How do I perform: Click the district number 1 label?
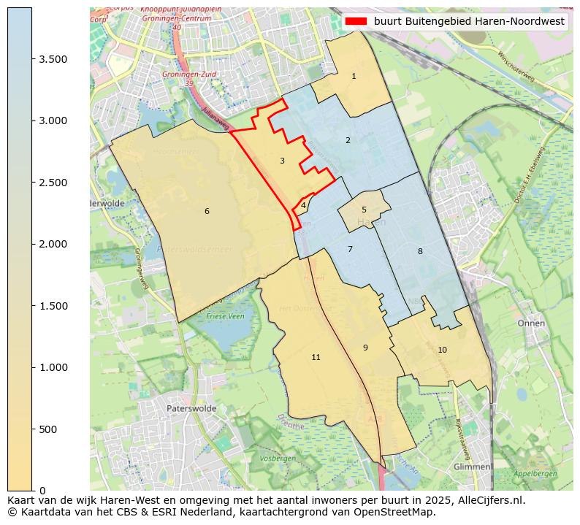pos(354,76)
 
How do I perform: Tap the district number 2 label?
pos(348,140)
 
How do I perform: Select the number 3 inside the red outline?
pos(282,161)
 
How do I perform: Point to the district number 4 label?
pos(303,206)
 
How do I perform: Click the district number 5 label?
pos(364,210)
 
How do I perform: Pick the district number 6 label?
pos(207,212)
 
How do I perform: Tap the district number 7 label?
pos(350,250)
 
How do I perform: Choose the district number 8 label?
pos(420,252)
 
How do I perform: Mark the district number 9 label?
pos(365,348)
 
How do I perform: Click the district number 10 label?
pos(442,350)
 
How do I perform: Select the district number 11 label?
pos(316,358)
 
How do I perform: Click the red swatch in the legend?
pos(356,21)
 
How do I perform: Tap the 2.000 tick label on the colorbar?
pos(53,244)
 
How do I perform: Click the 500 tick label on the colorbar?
pos(48,429)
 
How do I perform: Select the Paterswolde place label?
pos(191,409)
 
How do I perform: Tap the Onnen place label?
pos(531,323)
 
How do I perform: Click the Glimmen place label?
pos(471,467)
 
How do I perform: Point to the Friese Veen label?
pos(226,316)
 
